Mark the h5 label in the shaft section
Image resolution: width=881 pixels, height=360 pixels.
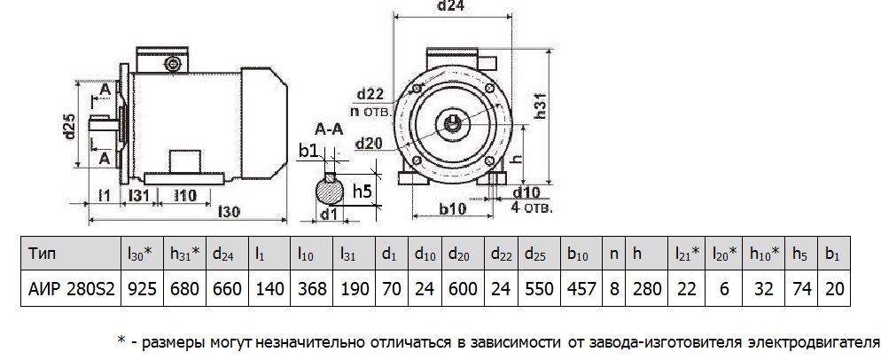click(x=362, y=190)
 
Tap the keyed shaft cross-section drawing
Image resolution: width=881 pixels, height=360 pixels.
click(x=330, y=190)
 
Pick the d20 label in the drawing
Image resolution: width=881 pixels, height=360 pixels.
click(x=370, y=143)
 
